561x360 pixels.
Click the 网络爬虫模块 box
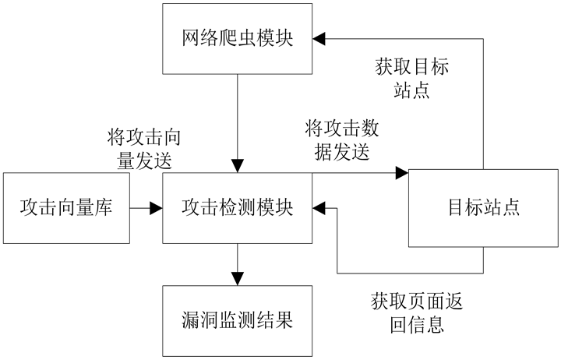[x=237, y=38]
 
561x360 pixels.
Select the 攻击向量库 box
[x=66, y=208]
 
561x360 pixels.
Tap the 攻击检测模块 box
[x=237, y=208]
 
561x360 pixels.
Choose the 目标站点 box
[x=483, y=208]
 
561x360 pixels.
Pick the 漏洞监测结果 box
[x=237, y=319]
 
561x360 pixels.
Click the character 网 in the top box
[x=191, y=38]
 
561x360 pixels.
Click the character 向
[x=66, y=208]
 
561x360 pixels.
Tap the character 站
[x=492, y=208]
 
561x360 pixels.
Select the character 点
[x=511, y=208]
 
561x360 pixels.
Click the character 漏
[x=191, y=319]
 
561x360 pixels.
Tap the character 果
[x=284, y=319]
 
